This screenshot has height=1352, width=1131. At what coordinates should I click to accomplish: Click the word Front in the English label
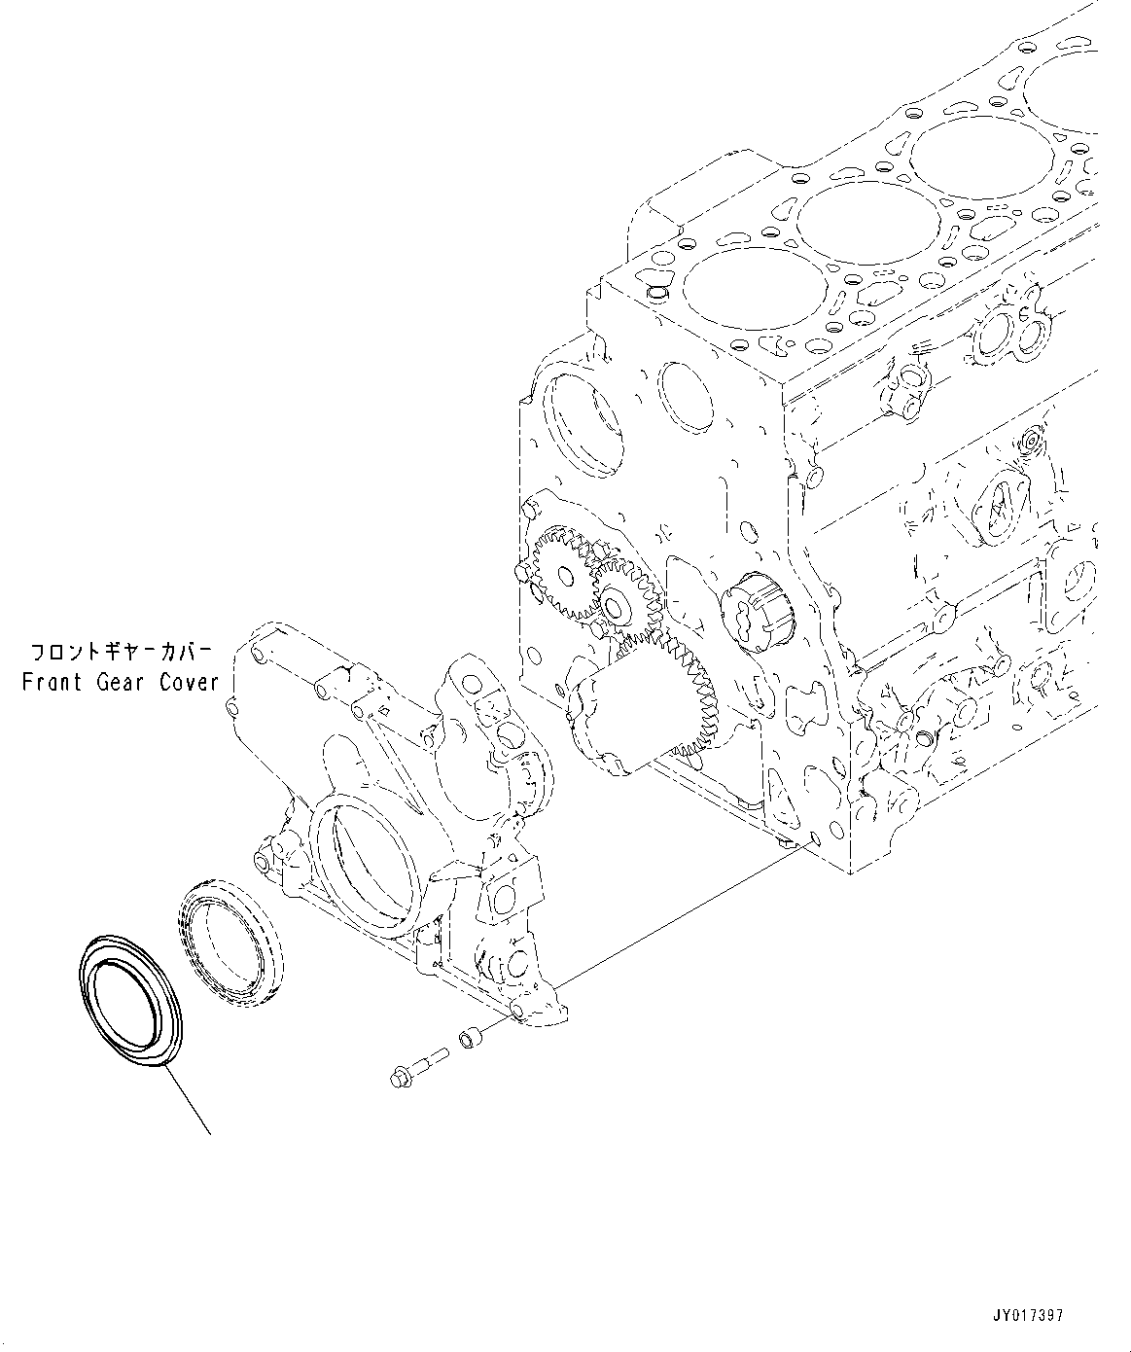[53, 682]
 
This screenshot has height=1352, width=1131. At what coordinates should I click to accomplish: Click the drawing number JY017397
[1029, 1315]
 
